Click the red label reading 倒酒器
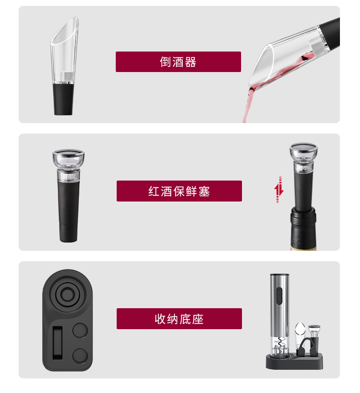(178, 62)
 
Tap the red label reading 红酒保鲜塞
(179, 191)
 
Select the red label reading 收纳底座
(179, 319)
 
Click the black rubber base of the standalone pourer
(63, 99)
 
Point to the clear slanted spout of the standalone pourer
(65, 50)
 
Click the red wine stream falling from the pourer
(247, 105)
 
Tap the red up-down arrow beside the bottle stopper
(278, 190)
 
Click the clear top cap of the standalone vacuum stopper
(68, 165)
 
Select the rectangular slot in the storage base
(57, 343)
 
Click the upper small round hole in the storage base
(80, 330)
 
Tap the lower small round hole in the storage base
(80, 356)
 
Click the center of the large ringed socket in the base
(67, 294)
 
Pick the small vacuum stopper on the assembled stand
(314, 336)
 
